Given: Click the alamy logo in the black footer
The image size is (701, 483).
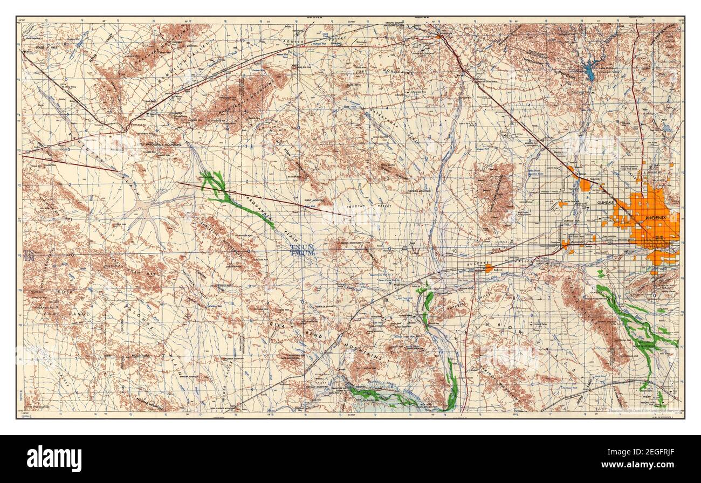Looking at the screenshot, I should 54,459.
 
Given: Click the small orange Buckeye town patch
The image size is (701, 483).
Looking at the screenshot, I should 489,268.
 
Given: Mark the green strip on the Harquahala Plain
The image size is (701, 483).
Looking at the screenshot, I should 237,202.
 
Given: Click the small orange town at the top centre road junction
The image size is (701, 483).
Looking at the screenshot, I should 440,37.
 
